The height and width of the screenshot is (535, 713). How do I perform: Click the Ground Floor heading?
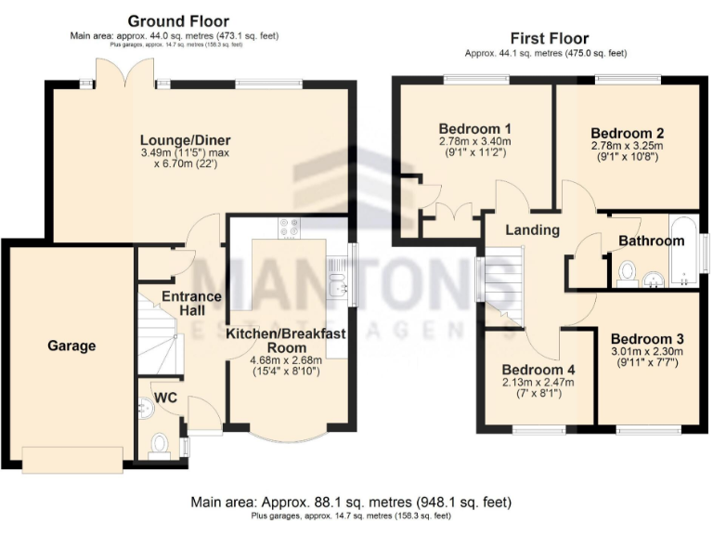(178, 20)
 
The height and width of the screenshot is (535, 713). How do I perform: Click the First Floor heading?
(549, 38)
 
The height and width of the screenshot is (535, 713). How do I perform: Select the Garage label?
(71, 346)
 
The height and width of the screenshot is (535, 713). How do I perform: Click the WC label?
(165, 397)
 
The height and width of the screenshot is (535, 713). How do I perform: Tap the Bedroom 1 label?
(474, 128)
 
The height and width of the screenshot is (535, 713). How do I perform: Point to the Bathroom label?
(651, 241)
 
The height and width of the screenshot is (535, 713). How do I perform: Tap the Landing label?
(532, 229)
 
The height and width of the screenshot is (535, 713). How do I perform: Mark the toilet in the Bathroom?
(626, 272)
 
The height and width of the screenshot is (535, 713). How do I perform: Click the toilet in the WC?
(159, 444)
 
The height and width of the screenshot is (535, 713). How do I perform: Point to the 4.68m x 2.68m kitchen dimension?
(286, 360)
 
